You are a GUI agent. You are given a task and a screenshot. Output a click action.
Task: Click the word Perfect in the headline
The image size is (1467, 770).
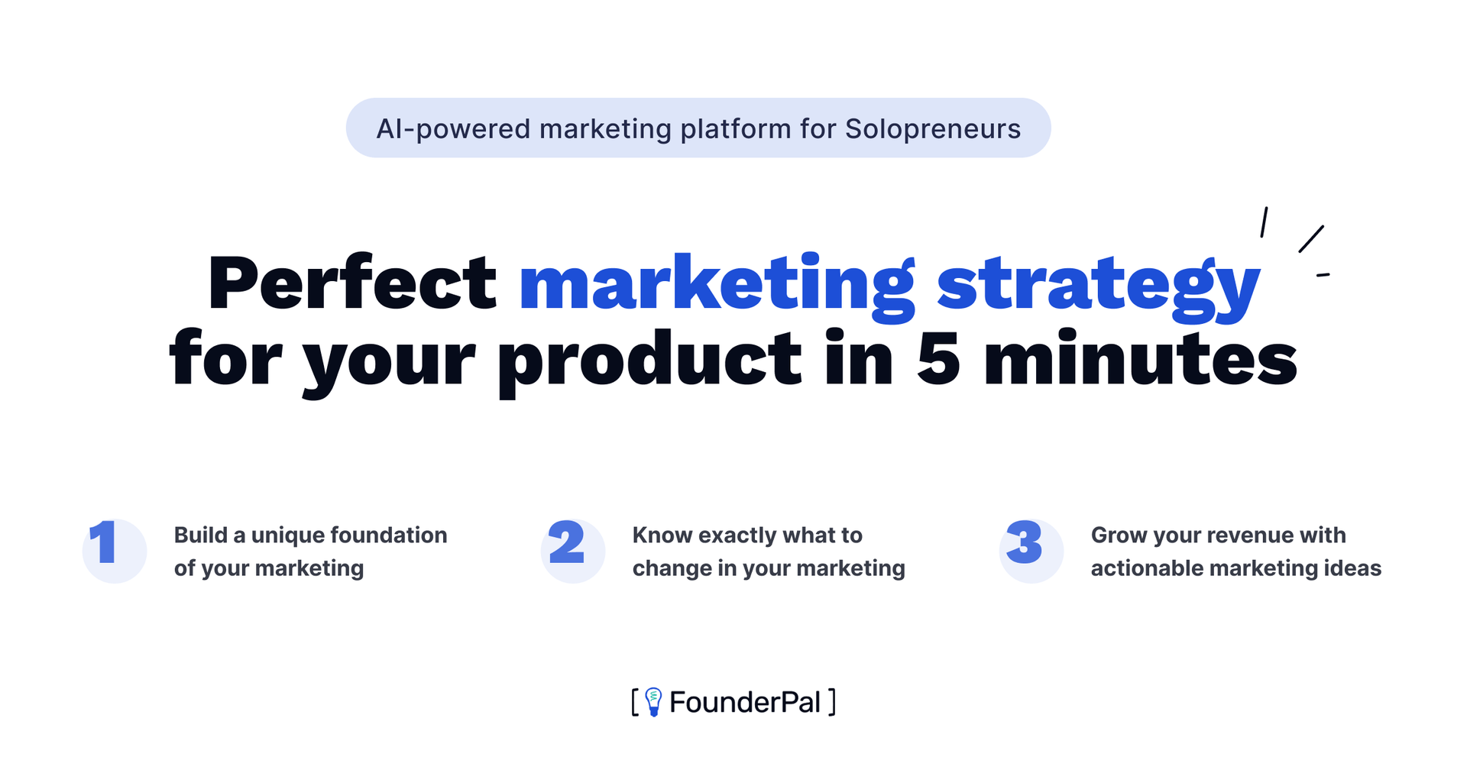(x=352, y=283)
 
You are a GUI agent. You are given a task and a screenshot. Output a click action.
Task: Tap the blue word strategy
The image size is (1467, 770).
(x=1099, y=286)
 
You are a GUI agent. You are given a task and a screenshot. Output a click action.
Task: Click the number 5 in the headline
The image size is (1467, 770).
(x=938, y=360)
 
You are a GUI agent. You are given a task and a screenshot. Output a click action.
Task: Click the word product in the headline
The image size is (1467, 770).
(x=649, y=363)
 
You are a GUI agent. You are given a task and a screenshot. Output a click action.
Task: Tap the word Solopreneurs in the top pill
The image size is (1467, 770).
(x=933, y=129)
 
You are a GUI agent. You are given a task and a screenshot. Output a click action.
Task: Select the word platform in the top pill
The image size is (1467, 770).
(x=736, y=129)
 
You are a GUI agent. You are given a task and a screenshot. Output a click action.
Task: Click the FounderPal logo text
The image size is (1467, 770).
(x=745, y=702)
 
